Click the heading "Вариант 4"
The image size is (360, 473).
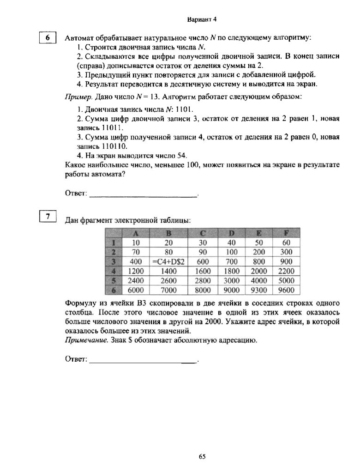[x=202, y=19]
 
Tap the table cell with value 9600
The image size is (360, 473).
[x=286, y=290]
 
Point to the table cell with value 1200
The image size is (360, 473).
[x=136, y=271]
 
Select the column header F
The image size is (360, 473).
[x=286, y=232]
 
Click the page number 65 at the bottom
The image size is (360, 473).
[x=202, y=457]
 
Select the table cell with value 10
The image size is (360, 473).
[x=136, y=242]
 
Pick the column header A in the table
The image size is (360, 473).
[x=136, y=232]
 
